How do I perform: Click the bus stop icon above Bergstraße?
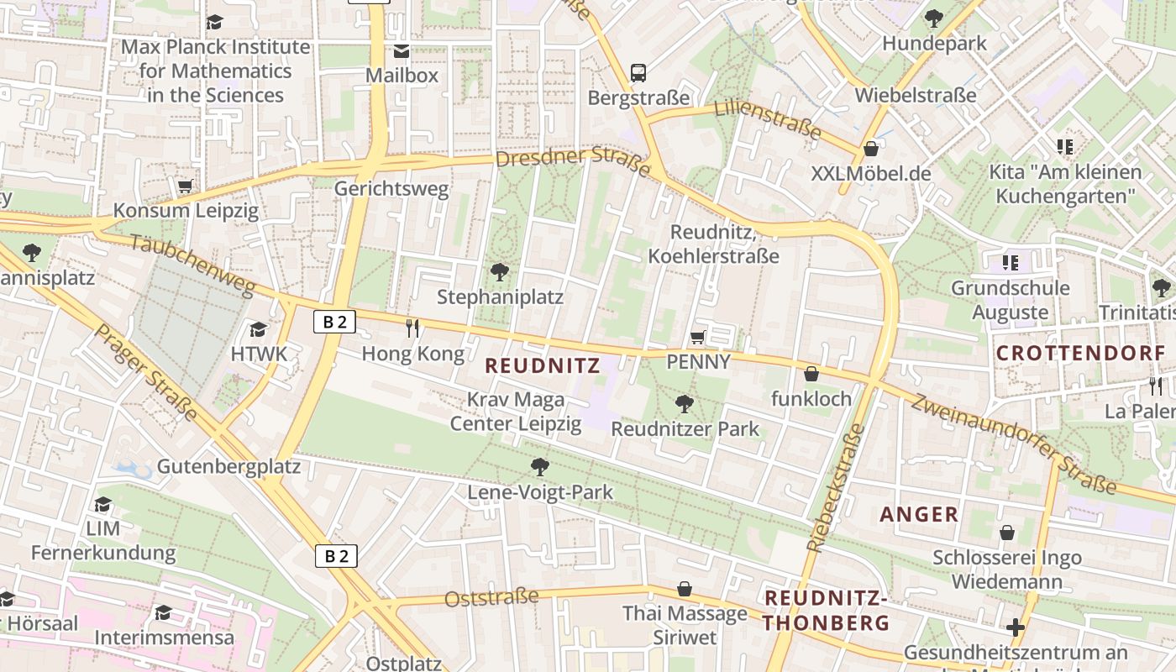pyautogui.click(x=638, y=72)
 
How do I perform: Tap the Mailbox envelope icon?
pyautogui.click(x=402, y=51)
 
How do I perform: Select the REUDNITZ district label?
pyautogui.click(x=543, y=365)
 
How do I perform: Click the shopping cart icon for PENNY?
pyautogui.click(x=697, y=338)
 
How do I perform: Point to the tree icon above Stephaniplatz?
pyautogui.click(x=500, y=271)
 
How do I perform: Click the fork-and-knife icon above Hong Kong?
pyautogui.click(x=412, y=328)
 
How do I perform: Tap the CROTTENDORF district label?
pyautogui.click(x=1080, y=353)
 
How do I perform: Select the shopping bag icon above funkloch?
pyautogui.click(x=811, y=373)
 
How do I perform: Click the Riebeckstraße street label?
pyautogui.click(x=835, y=487)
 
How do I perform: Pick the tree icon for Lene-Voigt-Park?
pyautogui.click(x=540, y=466)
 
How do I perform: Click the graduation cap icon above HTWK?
pyautogui.click(x=259, y=329)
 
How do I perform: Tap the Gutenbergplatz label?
pyautogui.click(x=228, y=466)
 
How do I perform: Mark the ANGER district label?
pyautogui.click(x=919, y=514)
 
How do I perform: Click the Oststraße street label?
pyautogui.click(x=491, y=598)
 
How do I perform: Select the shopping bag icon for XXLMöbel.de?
pyautogui.click(x=871, y=149)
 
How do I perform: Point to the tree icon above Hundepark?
pyautogui.click(x=933, y=18)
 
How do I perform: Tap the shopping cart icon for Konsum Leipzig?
pyautogui.click(x=186, y=185)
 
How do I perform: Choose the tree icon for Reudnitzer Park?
pyautogui.click(x=685, y=404)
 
